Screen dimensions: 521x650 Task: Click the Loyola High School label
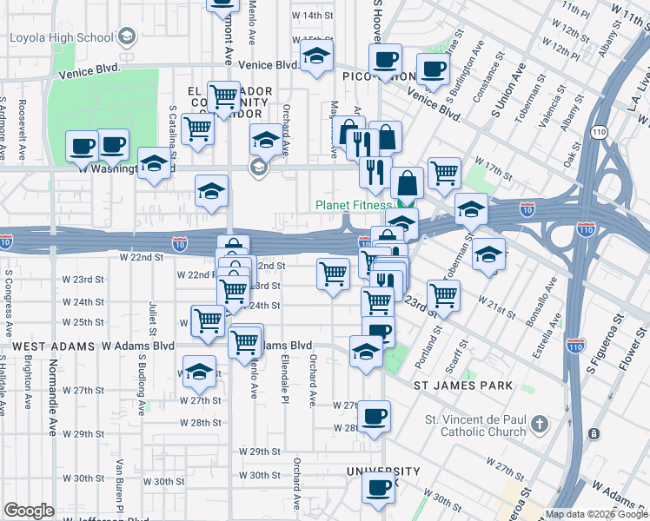click(61, 37)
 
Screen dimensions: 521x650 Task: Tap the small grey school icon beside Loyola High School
click(127, 36)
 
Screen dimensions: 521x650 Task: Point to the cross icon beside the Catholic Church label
click(540, 425)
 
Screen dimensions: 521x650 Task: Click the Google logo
click(29, 511)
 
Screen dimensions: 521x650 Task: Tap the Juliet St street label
click(151, 318)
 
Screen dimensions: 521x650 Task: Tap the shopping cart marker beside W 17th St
click(444, 172)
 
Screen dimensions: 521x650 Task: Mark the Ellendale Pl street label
click(284, 381)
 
